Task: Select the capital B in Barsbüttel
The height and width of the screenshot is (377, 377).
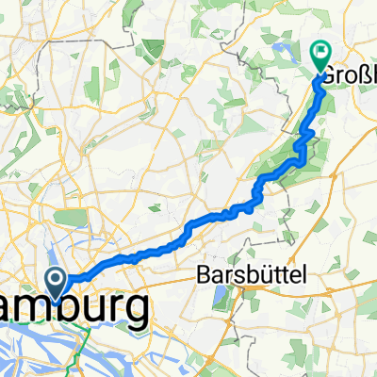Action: tap(205, 274)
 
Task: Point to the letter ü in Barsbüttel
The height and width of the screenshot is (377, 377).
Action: tap(253, 274)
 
